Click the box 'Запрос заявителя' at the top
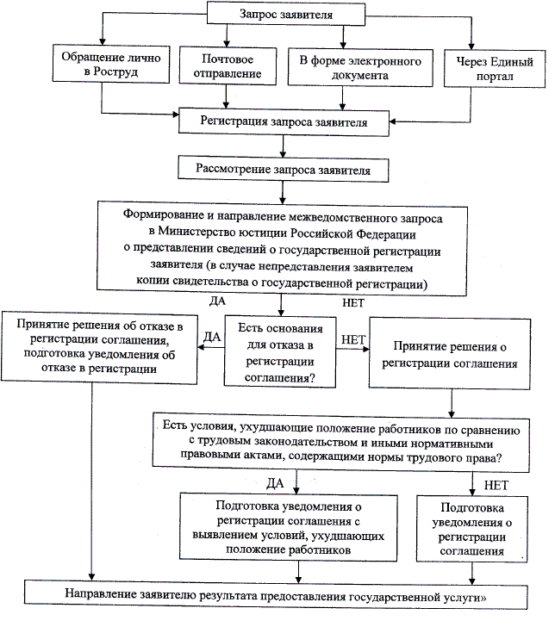tap(275, 14)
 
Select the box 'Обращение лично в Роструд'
tap(100, 66)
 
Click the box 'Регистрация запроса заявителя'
tap(284, 122)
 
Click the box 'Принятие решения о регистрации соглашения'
tap(454, 354)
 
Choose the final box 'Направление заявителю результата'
tap(282, 594)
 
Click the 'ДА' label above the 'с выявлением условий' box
tap(275, 482)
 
